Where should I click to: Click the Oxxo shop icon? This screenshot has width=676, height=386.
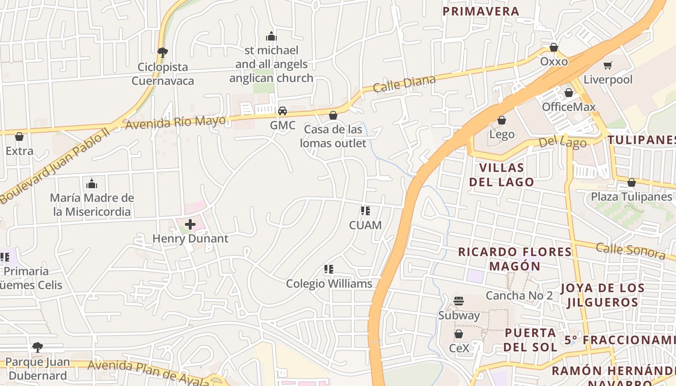[554, 48]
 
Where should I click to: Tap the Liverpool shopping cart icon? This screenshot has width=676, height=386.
[608, 65]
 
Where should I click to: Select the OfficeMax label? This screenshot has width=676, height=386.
[569, 107]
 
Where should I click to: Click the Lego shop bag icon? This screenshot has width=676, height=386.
[502, 120]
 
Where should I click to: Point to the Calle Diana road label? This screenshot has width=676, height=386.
[404, 84]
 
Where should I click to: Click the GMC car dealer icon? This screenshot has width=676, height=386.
[282, 111]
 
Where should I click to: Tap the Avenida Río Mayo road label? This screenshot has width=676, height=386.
[176, 122]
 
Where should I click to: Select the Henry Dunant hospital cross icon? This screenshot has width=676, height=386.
[190, 224]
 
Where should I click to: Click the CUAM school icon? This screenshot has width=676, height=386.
[366, 211]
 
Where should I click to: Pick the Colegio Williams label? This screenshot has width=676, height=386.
[329, 283]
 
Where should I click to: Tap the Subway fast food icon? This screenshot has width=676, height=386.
[459, 302]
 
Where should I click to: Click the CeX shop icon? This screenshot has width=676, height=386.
[459, 334]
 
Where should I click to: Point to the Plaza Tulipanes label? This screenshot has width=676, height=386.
[632, 197]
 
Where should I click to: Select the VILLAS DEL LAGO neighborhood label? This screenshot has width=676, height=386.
[502, 175]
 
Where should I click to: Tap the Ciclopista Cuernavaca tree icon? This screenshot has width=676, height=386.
[163, 52]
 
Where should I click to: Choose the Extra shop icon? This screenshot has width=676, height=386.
[19, 137]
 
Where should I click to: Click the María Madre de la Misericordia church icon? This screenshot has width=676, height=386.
[92, 184]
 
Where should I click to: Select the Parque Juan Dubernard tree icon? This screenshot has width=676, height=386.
[38, 347]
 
